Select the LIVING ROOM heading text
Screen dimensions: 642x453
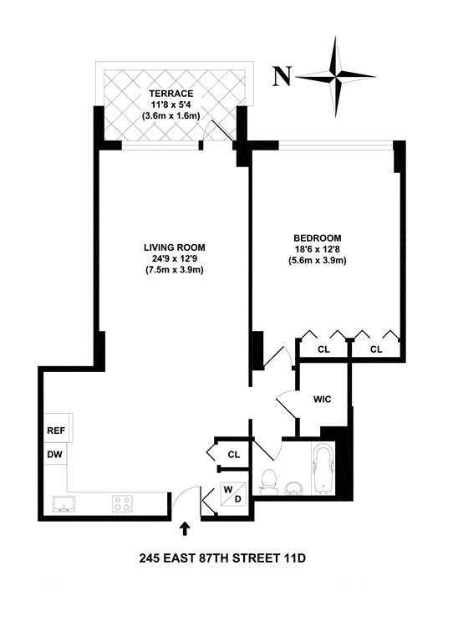click(x=174, y=247)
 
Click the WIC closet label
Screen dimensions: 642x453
click(x=322, y=400)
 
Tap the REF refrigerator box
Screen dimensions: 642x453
click(x=55, y=431)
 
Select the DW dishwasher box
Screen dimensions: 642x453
click(x=55, y=456)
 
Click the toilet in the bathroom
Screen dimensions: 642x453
click(x=268, y=480)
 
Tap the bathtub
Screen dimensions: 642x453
click(x=322, y=471)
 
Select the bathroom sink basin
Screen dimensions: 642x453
click(x=294, y=487)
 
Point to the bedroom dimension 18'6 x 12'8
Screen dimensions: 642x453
click(x=318, y=249)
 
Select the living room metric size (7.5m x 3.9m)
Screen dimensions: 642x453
click(x=174, y=270)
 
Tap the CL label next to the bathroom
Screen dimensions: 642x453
click(x=234, y=454)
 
